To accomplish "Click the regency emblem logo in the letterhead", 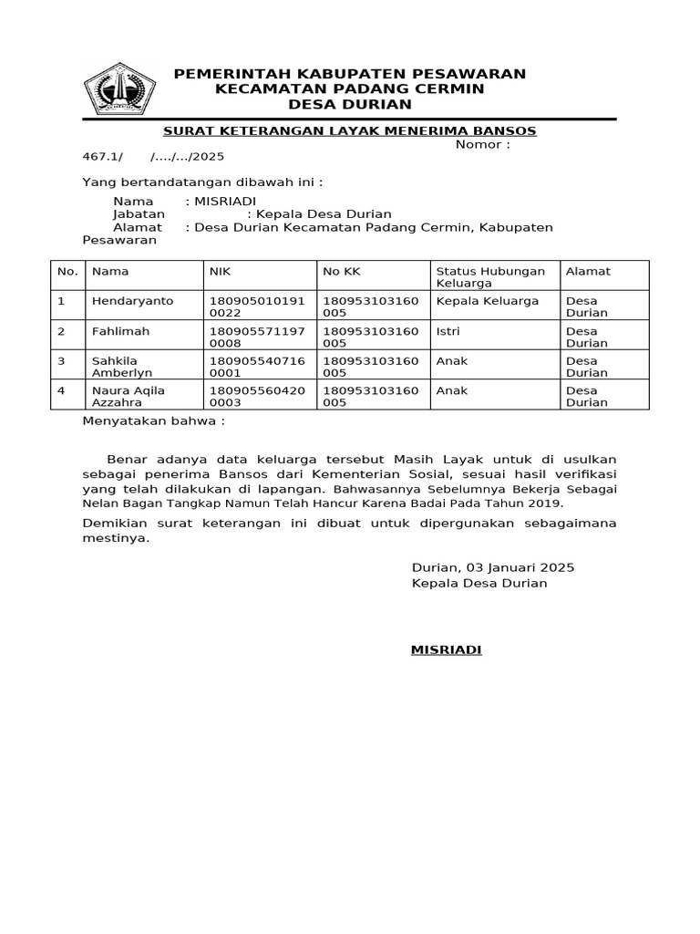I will [x=119, y=89].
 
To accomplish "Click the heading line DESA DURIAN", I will [x=349, y=104].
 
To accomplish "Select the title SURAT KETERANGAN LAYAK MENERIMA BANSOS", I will [x=349, y=131].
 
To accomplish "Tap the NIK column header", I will [x=220, y=271].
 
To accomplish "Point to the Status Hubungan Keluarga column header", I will [x=490, y=276].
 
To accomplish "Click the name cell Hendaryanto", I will [x=132, y=301].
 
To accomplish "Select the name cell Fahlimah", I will [x=120, y=331].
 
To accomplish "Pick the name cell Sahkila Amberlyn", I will [x=122, y=367].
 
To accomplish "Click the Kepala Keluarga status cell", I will [x=488, y=301].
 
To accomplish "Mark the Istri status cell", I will [x=446, y=331].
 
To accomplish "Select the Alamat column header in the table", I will [x=588, y=271].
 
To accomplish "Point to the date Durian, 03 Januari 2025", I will [x=492, y=567].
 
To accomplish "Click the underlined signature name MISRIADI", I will [x=446, y=649].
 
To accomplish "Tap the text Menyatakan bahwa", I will [x=153, y=421].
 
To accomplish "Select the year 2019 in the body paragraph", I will [x=547, y=503].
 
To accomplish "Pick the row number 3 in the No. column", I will [x=61, y=361].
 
